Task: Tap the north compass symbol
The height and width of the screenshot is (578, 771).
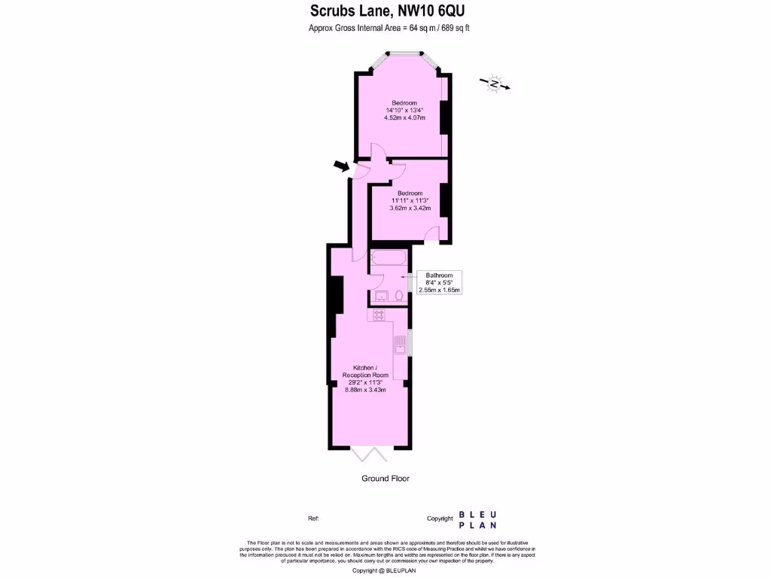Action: (495, 84)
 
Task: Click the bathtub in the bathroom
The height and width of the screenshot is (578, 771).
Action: (389, 260)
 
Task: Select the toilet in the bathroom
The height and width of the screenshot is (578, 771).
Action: (398, 296)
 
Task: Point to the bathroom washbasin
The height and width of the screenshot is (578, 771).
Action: (380, 296)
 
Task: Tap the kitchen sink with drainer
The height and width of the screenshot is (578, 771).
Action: (400, 345)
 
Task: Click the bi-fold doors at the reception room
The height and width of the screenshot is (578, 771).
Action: (370, 454)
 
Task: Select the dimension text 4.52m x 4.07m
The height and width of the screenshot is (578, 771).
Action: (404, 118)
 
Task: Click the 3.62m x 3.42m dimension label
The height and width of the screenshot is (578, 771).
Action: (410, 208)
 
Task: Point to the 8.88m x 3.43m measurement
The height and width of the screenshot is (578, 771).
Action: (365, 390)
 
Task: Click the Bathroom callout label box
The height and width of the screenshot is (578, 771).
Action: (439, 282)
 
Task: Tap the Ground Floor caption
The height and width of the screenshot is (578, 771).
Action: (385, 479)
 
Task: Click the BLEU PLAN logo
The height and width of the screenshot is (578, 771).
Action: (477, 520)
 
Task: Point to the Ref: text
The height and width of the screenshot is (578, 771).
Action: (314, 519)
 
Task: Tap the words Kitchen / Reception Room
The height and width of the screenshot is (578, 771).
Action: (365, 371)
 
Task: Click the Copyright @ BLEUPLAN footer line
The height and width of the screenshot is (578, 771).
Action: (385, 570)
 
